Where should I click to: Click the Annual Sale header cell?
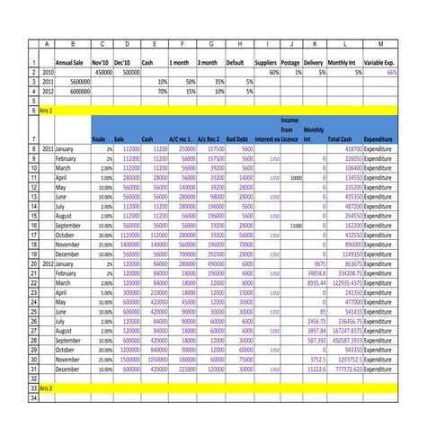click(72, 63)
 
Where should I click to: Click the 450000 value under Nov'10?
click(103, 72)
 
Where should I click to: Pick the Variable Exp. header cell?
click(380, 63)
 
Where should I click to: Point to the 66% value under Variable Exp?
click(391, 72)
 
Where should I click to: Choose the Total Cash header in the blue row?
click(339, 139)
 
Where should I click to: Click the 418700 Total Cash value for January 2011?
click(349, 148)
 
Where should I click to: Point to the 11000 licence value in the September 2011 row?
click(296, 226)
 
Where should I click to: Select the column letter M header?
click(380, 44)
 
